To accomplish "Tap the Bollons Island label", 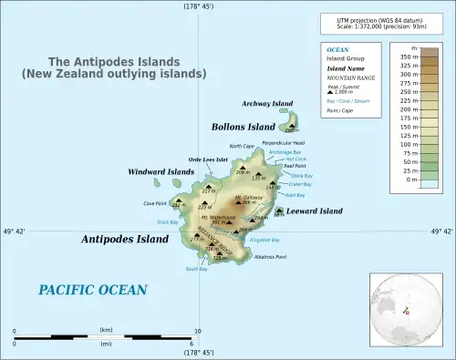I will coord(243,127).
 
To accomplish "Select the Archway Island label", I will coord(267,104).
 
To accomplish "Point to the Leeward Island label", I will coord(316,211).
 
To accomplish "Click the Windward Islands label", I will coord(161,171).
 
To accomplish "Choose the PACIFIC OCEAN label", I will coord(92,290).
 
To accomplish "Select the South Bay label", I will coord(197,270).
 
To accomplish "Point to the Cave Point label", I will coord(155,203).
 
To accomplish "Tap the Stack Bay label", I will coord(168,221).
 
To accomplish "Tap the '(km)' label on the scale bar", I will coord(106,329).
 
